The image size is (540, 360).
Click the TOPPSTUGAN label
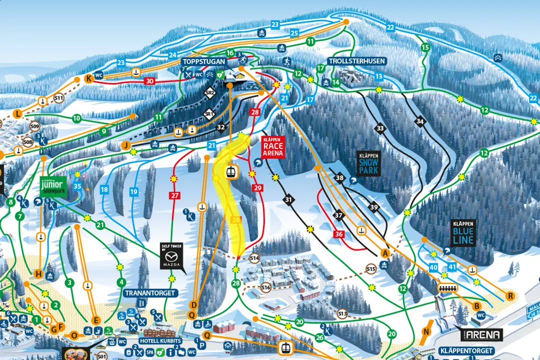click(204, 61)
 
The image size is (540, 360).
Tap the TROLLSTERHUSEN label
click(357, 61)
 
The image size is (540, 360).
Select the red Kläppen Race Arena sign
click(273, 147)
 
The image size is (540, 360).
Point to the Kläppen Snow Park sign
click(369, 163)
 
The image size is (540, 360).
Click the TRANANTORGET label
click(151, 293)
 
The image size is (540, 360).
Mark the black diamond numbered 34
click(420, 121)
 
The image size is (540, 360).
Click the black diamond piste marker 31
click(288, 200)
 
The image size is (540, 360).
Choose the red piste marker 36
click(339, 234)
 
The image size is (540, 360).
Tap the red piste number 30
click(149, 81)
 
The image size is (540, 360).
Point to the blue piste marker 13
click(379, 76)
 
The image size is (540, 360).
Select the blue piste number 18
click(104, 190)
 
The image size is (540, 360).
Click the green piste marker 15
click(425, 47)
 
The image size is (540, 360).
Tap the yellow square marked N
click(426, 331)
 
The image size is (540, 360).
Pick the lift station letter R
click(510, 296)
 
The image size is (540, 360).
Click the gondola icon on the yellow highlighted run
click(230, 171)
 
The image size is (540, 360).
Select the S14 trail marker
click(254, 258)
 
